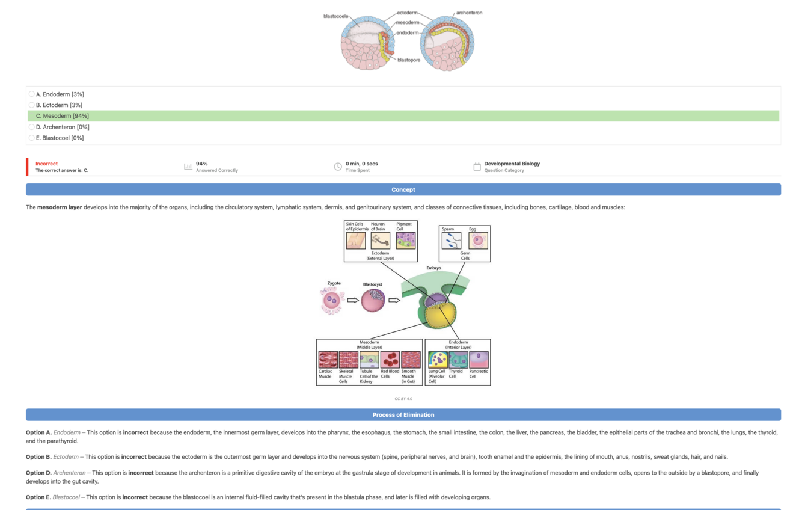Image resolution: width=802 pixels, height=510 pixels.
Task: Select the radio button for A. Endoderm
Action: (32, 94)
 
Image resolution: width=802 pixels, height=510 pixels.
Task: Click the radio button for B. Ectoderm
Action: (32, 105)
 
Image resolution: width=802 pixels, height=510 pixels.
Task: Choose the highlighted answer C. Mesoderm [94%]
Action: (63, 116)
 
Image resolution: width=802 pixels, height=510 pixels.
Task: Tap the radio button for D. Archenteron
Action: (32, 127)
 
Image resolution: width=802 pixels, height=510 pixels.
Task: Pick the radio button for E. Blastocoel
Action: (32, 138)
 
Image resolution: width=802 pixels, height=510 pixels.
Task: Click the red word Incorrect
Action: (46, 164)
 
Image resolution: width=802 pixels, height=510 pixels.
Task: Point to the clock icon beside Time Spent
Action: (338, 167)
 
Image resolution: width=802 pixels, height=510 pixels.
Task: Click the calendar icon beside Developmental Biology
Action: (477, 167)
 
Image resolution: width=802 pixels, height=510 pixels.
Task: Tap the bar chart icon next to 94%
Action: (188, 167)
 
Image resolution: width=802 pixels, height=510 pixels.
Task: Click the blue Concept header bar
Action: (403, 189)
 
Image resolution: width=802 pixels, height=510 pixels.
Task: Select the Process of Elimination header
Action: (403, 415)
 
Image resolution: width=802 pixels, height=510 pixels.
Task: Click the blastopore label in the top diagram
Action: (409, 60)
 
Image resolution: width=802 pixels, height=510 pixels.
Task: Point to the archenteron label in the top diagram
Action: (469, 13)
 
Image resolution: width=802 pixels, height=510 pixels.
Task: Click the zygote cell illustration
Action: (331, 300)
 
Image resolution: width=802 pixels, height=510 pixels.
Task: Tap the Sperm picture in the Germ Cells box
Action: (451, 241)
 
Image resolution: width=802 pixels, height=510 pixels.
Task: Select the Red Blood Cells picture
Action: (390, 360)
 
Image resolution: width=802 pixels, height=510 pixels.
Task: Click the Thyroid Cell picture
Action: (458, 360)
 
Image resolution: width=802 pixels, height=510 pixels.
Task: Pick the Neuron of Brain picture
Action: (380, 241)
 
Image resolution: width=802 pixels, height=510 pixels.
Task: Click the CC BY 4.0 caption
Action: (403, 399)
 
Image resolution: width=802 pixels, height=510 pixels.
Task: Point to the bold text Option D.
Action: (38, 473)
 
